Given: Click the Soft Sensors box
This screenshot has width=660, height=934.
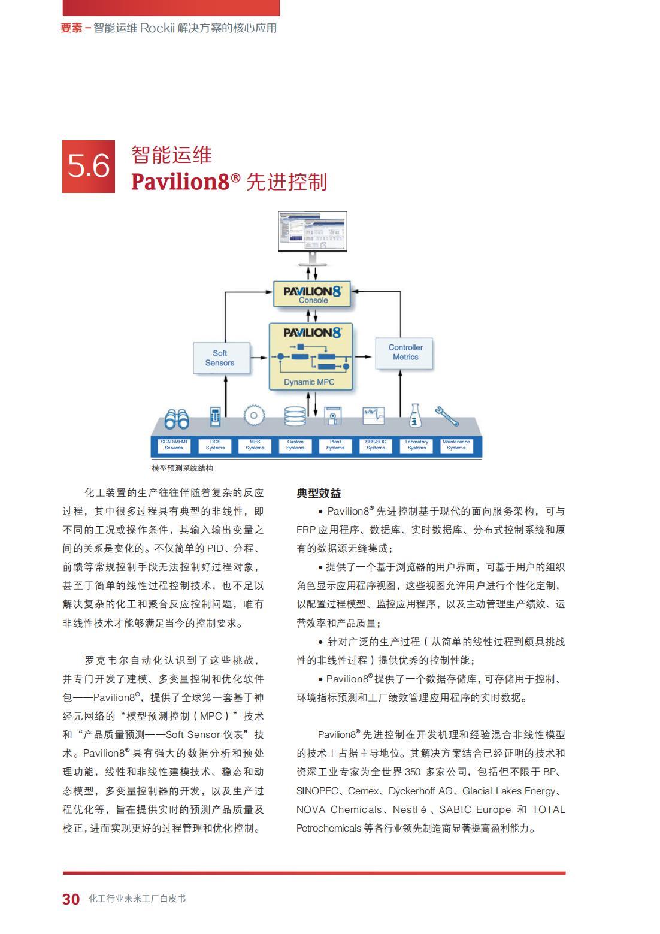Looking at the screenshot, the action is [220, 358].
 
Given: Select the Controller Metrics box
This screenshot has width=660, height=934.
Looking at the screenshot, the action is [405, 352].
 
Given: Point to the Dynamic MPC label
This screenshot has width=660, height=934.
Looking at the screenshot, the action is [309, 382].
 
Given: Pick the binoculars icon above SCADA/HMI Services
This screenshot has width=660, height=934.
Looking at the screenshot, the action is [176, 418].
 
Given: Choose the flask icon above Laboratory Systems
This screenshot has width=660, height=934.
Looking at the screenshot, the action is [414, 415].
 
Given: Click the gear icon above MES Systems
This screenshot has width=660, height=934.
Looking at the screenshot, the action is [254, 415].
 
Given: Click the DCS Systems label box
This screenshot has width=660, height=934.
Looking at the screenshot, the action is [215, 445].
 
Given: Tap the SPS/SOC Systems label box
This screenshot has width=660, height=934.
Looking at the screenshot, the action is [376, 445].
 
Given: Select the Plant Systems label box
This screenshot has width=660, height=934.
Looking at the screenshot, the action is [335, 445].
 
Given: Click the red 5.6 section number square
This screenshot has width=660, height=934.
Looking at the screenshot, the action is [89, 167].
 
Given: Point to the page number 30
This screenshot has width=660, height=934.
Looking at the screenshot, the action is [71, 899].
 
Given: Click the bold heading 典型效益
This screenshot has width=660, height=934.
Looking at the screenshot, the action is [319, 494].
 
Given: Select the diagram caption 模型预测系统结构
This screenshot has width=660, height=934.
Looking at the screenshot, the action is [182, 468].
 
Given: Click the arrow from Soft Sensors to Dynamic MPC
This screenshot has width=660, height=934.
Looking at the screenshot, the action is [259, 358].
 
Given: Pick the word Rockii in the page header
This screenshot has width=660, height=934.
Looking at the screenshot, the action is [157, 28].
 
